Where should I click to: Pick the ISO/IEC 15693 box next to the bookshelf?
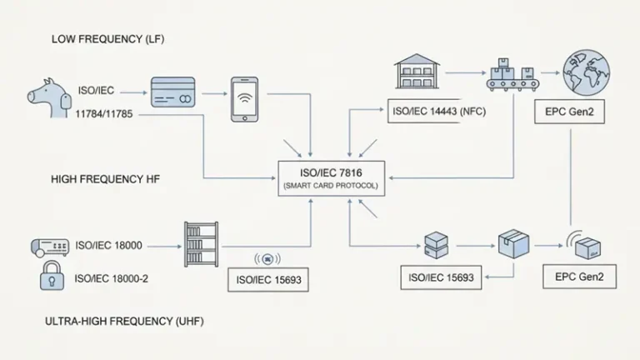(x=267, y=281)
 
